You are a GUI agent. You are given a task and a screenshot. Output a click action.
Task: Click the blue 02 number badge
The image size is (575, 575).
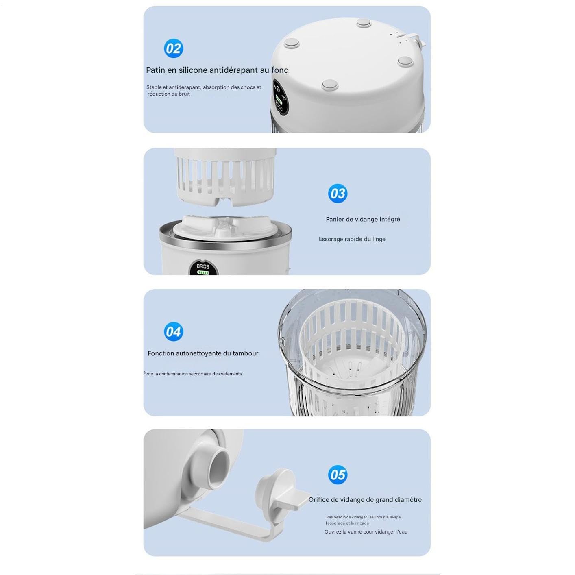tap(173, 48)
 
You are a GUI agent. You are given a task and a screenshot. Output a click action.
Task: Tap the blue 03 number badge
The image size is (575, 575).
tap(338, 193)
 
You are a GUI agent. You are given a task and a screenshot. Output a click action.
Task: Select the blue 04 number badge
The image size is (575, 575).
tap(173, 331)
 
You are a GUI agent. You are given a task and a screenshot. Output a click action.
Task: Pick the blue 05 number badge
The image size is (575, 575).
tap(338, 475)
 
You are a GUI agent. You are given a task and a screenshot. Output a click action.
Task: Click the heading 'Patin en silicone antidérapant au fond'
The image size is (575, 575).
tap(217, 70)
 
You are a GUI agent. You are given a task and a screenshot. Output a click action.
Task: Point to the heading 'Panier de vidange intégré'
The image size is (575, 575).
tap(363, 219)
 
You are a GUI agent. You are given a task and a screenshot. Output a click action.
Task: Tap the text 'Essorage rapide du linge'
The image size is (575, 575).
tap(352, 239)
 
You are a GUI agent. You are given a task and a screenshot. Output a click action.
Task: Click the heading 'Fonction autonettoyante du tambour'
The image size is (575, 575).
tap(203, 353)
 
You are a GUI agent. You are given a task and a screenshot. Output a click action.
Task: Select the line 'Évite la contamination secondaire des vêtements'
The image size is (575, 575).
tap(192, 374)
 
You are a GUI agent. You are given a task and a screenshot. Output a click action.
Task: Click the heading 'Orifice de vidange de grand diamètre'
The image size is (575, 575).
tap(365, 499)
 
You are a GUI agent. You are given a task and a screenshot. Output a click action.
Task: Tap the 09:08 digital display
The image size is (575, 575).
tap(203, 266)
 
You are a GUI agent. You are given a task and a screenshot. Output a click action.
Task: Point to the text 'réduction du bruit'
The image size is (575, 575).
tap(169, 94)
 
